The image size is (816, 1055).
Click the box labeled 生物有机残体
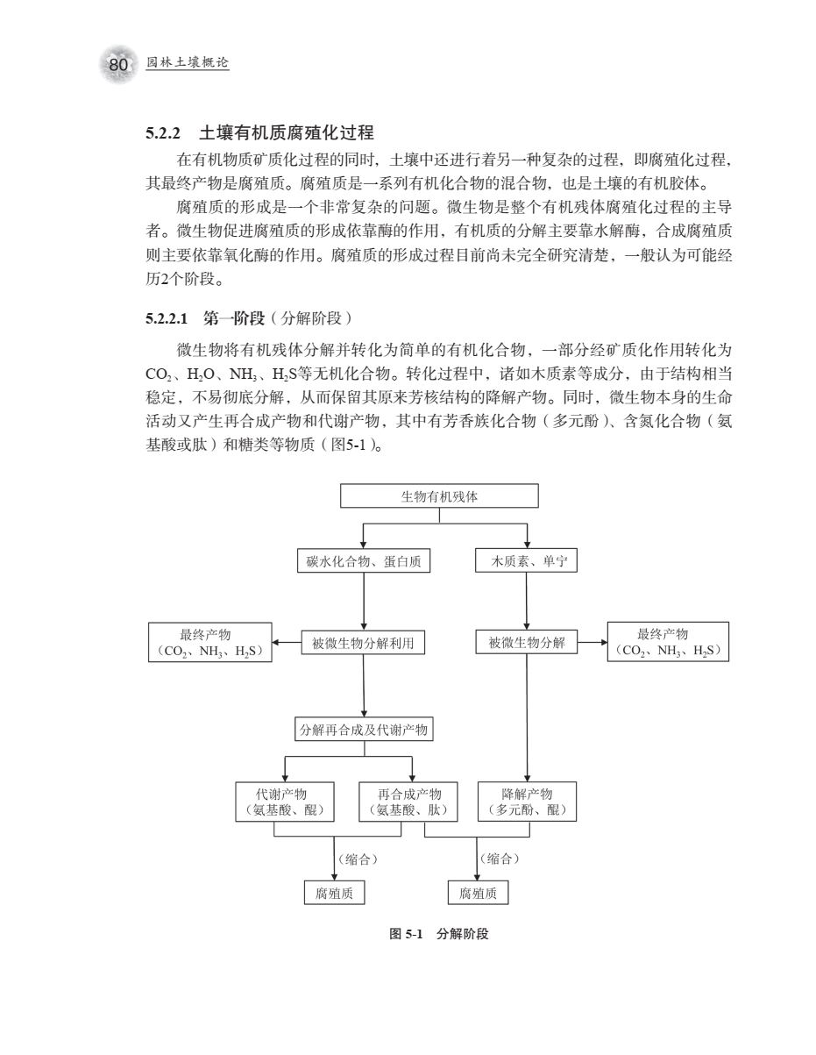pos(438,496)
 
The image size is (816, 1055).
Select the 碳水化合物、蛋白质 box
pos(363,561)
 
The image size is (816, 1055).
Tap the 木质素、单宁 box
pos(526,561)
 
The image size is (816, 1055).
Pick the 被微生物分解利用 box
pos(363,645)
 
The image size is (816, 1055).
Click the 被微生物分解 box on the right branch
pos(526,645)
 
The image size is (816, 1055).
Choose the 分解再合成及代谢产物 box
pos(363,729)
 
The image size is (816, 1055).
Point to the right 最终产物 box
pos(668,643)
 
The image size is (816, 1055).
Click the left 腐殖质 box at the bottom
pos(333,893)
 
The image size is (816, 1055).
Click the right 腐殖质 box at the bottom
pos(478,893)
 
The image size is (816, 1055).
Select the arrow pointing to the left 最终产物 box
pos(287,645)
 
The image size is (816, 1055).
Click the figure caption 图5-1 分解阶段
pos(438,934)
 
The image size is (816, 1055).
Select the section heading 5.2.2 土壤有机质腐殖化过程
pos(259,134)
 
